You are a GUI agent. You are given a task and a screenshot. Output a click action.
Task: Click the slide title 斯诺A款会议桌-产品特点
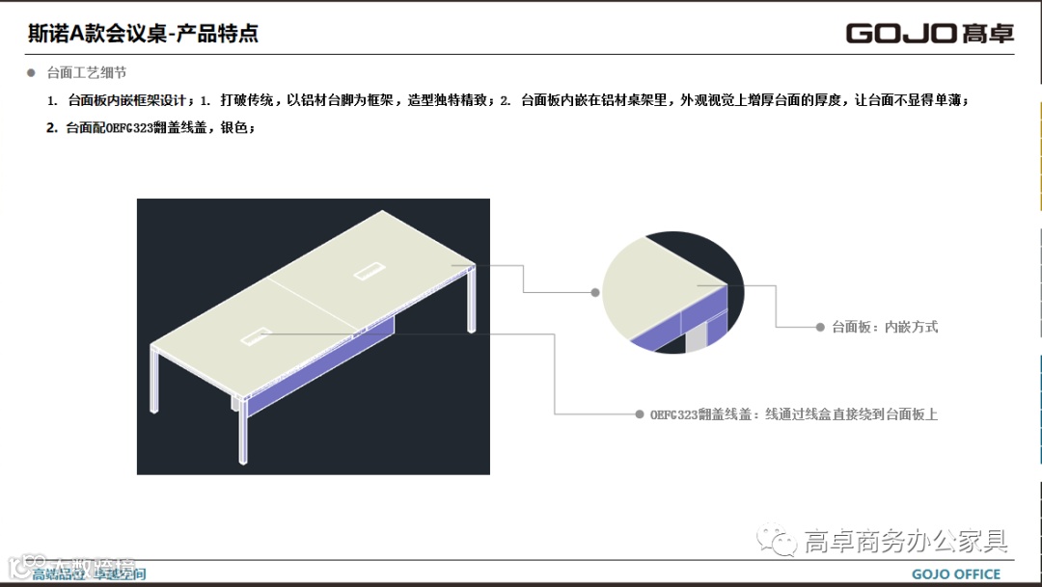tap(144, 35)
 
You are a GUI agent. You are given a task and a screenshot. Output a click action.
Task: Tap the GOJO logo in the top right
tap(930, 34)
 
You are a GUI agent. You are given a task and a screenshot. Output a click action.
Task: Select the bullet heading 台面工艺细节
tap(87, 72)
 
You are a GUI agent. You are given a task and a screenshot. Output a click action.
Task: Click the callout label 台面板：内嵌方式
tap(884, 328)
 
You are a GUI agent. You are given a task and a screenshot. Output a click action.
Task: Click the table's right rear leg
tap(470, 299)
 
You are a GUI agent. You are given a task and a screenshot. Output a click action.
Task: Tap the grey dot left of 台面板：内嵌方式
tap(820, 328)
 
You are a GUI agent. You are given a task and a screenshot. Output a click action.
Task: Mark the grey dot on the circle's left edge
tap(597, 290)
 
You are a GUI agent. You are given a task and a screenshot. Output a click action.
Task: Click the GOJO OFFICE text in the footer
tap(956, 574)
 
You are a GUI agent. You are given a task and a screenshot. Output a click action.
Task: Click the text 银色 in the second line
tap(234, 127)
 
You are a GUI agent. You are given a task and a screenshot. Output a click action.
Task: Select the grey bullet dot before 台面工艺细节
tap(30, 72)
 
